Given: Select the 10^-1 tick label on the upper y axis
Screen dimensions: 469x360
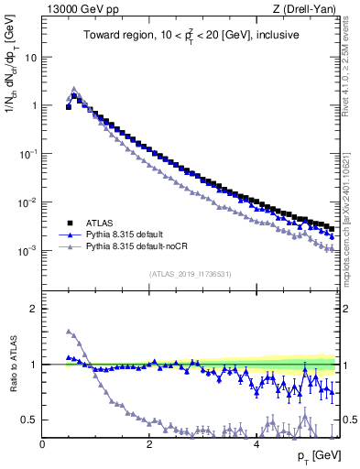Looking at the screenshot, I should [x=27, y=154].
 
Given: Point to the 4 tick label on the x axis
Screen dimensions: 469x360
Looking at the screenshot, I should [x=256, y=443].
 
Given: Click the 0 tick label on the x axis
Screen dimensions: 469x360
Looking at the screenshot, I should [x=42, y=443].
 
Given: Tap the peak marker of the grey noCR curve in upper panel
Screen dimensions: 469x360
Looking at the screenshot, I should [x=74, y=90].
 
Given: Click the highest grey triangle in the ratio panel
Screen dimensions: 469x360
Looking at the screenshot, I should [x=69, y=331].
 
